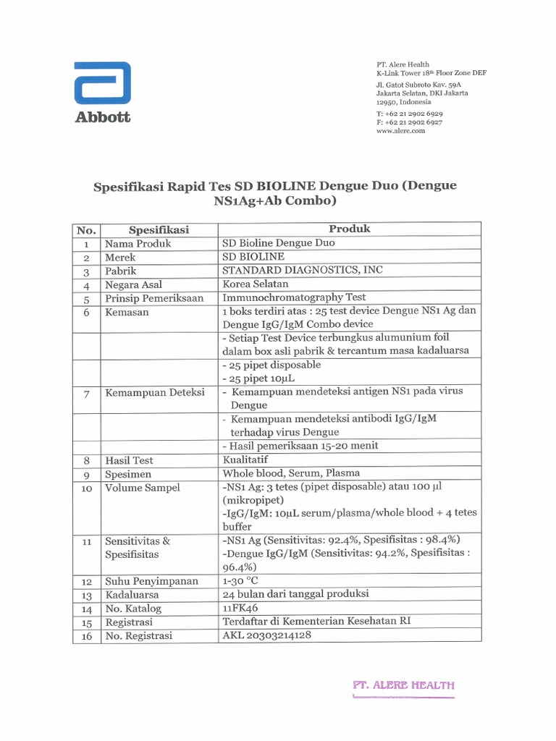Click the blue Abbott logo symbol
[x=102, y=83]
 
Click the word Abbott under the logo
[x=103, y=117]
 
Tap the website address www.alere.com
[x=400, y=131]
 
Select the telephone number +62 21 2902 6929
[x=414, y=114]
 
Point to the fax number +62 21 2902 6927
[x=414, y=122]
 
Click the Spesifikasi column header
[x=159, y=229]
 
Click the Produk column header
[x=350, y=229]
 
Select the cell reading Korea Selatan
[x=256, y=284]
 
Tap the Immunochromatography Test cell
[x=294, y=297]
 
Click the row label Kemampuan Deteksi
[x=155, y=393]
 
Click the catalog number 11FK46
[x=242, y=609]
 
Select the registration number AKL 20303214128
[x=269, y=636]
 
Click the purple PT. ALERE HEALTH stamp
[x=403, y=685]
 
